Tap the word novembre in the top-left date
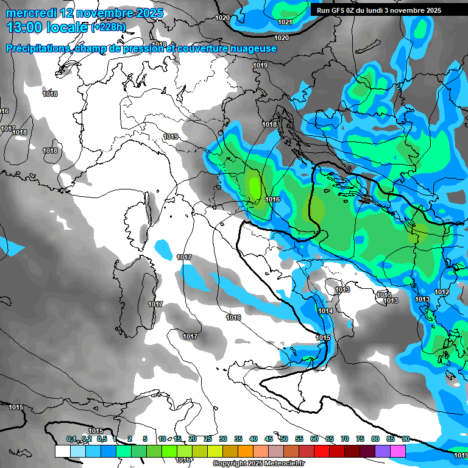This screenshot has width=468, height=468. [99, 13]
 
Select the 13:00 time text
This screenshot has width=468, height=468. [24, 27]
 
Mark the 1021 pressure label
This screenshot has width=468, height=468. [285, 22]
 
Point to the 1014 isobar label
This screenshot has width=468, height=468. [325, 311]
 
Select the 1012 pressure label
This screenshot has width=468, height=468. [442, 293]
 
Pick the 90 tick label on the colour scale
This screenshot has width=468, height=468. [405, 439]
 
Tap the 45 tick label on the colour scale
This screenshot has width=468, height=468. [269, 439]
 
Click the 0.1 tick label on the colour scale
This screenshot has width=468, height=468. [71, 439]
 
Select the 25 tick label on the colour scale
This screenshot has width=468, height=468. [208, 439]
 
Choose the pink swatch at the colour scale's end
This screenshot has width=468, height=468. [398, 451]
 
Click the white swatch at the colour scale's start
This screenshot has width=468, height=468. [62, 451]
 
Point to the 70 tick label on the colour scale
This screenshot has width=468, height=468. [345, 439]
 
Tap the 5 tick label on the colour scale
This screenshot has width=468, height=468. [145, 439]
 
